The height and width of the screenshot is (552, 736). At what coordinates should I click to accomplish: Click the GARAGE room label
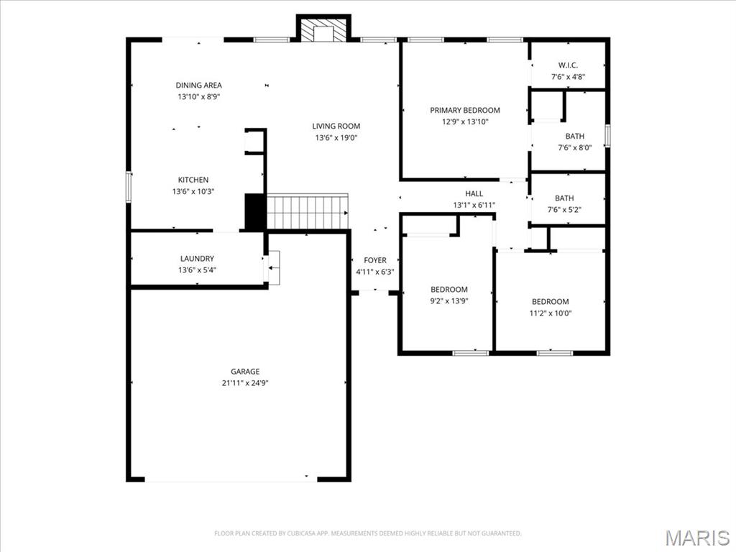point(245,372)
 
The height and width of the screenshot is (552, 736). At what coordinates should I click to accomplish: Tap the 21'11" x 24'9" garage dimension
point(245,383)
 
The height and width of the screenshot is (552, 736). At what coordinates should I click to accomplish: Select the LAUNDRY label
point(197,259)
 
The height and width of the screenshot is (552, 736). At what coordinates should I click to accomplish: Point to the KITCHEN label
point(193,180)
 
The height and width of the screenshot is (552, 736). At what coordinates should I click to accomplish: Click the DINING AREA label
point(199,86)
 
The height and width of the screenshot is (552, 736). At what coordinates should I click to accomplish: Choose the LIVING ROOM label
point(336,126)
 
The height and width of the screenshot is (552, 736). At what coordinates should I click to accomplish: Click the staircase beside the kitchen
point(308,211)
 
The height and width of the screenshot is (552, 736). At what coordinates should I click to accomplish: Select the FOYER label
point(375,260)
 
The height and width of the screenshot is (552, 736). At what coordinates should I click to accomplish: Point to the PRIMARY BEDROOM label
point(465,111)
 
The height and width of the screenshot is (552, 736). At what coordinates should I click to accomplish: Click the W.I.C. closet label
point(568,65)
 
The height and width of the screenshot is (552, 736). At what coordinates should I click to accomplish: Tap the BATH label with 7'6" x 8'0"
point(574,137)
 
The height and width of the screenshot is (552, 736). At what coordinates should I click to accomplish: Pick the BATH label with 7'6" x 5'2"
point(564,199)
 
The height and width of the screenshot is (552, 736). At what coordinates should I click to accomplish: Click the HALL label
point(474,194)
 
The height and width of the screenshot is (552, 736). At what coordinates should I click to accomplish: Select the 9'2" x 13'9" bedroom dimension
point(449,301)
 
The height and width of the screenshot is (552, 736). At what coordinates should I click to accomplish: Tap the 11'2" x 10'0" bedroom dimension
point(550,313)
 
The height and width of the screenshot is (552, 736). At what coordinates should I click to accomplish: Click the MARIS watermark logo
point(697,538)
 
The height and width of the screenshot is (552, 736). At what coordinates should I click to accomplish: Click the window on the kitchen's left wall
point(129,185)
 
